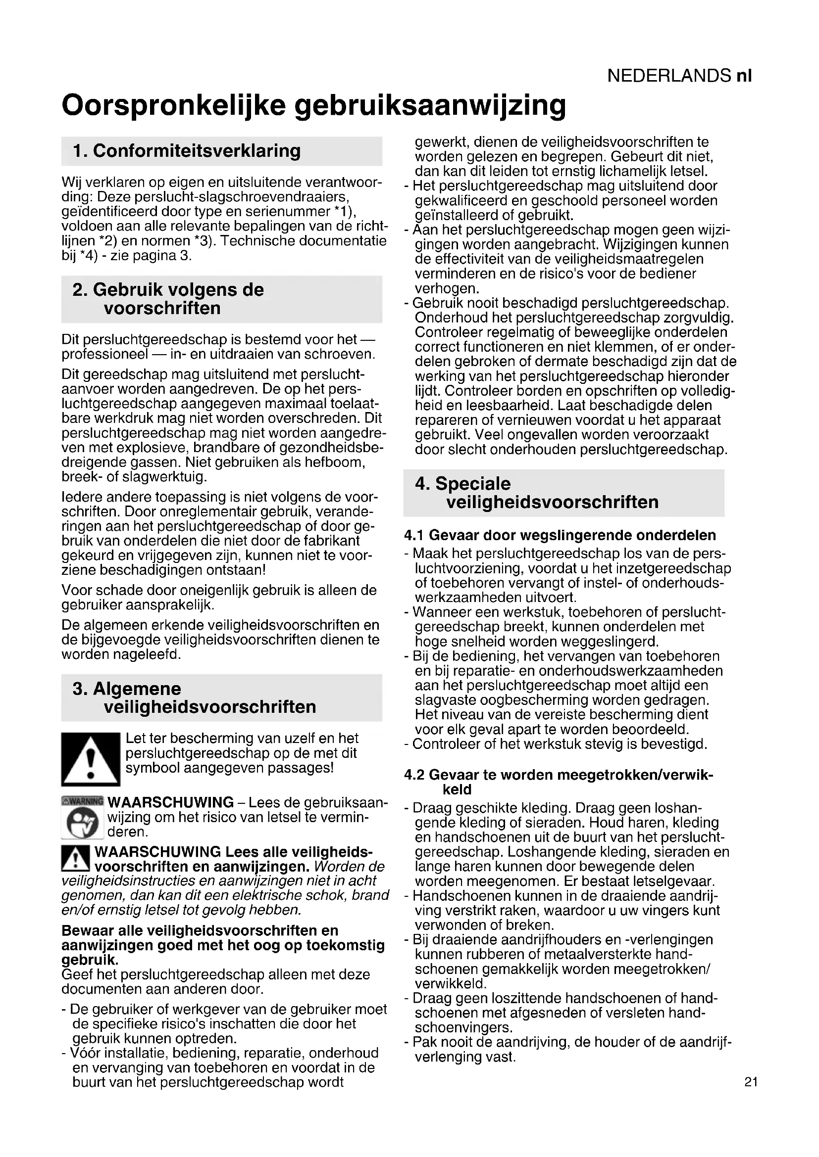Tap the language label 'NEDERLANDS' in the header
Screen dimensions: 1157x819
(x=668, y=76)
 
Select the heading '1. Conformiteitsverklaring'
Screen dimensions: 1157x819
(x=187, y=151)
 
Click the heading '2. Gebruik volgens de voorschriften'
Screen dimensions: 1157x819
(x=168, y=299)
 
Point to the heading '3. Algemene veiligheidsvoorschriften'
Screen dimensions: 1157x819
(x=194, y=697)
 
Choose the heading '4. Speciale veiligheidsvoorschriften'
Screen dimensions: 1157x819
(x=537, y=493)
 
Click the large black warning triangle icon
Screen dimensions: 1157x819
(x=90, y=759)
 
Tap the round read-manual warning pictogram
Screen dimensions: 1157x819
(x=82, y=823)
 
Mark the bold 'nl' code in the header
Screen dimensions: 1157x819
(x=744, y=76)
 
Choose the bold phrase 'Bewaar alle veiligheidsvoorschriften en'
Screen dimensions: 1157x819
(x=200, y=931)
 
